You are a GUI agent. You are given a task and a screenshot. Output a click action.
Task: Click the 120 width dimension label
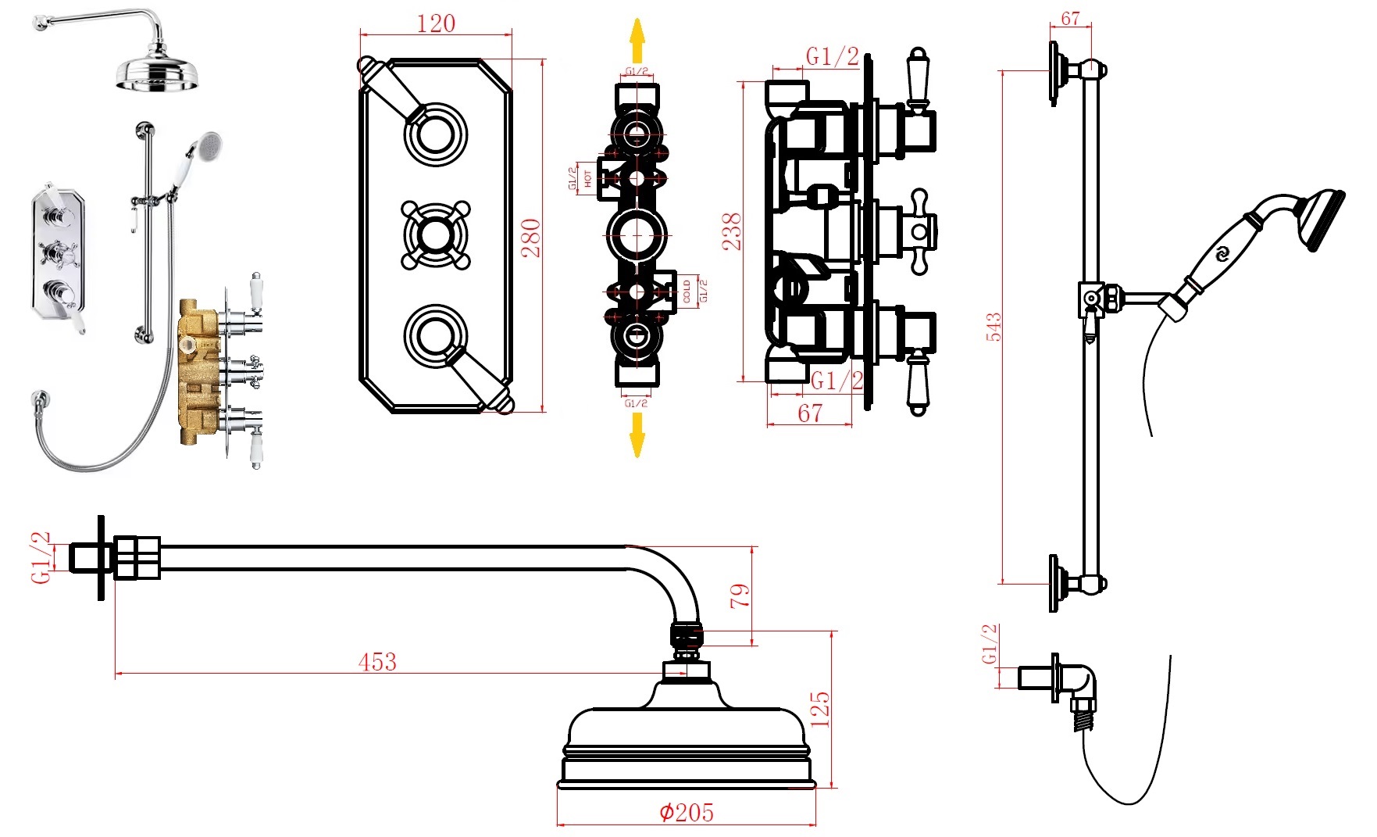(x=436, y=23)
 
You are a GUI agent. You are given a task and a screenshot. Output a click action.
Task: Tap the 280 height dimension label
(x=531, y=238)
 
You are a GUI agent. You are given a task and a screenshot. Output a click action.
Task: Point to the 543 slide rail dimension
(x=994, y=327)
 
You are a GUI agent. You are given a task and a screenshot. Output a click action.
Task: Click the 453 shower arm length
(x=377, y=662)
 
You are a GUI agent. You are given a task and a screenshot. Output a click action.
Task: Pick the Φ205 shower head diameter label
(x=687, y=812)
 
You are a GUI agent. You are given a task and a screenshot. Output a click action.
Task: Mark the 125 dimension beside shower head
(x=820, y=708)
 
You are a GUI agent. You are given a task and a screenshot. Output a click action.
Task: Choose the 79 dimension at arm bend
(x=740, y=596)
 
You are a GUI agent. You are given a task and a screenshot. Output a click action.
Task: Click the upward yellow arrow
(x=637, y=41)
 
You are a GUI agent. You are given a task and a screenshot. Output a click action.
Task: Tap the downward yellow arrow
(x=637, y=435)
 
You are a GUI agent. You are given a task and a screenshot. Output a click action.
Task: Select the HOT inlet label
(x=587, y=179)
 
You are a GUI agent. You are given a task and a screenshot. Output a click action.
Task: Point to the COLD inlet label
(x=687, y=292)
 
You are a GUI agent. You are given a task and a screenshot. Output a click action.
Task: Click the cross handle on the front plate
(x=436, y=234)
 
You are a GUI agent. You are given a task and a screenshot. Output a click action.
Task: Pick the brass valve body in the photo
(x=199, y=371)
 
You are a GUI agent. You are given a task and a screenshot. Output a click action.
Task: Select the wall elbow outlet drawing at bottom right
(x=1074, y=688)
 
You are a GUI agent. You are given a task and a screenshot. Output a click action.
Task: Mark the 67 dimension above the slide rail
(x=1070, y=18)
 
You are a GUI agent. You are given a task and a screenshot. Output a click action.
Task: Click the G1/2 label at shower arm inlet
(x=41, y=557)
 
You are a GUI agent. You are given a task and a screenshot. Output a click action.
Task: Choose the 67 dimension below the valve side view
(x=810, y=413)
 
